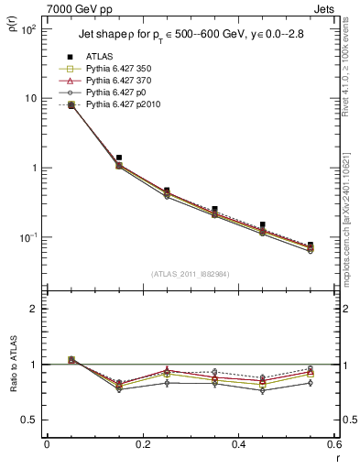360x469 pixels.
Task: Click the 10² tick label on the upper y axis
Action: pyautogui.click(x=27, y=29)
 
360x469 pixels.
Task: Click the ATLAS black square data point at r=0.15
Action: pyautogui.click(x=118, y=158)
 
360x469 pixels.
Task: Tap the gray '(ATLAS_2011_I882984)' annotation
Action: pyautogui.click(x=190, y=274)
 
